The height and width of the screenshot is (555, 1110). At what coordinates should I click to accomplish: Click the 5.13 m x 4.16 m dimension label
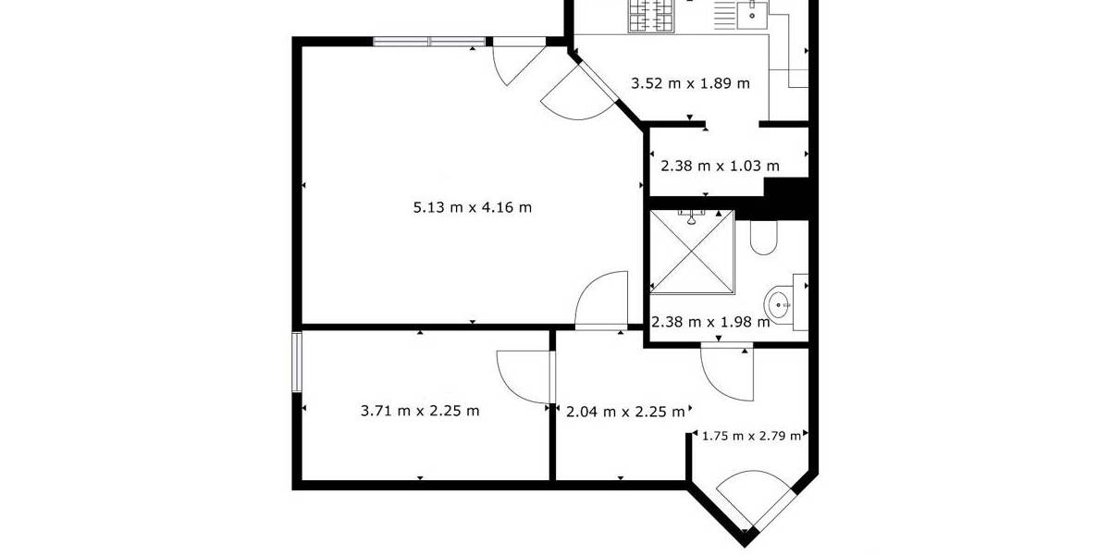click(472, 207)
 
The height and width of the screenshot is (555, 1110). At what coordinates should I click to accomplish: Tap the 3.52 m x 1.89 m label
click(690, 83)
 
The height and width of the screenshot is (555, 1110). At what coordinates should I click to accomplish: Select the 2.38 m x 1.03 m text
click(720, 166)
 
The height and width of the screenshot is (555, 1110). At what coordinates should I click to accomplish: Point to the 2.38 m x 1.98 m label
click(710, 323)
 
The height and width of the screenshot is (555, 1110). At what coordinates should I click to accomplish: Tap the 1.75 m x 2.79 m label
click(751, 436)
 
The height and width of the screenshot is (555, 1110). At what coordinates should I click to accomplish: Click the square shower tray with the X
click(693, 251)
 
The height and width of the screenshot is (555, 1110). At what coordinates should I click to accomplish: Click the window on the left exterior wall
click(297, 362)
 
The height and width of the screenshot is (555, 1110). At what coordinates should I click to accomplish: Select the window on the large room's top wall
click(429, 41)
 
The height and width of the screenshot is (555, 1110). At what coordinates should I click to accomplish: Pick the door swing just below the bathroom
click(727, 369)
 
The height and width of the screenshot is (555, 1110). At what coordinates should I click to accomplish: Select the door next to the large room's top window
click(514, 61)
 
